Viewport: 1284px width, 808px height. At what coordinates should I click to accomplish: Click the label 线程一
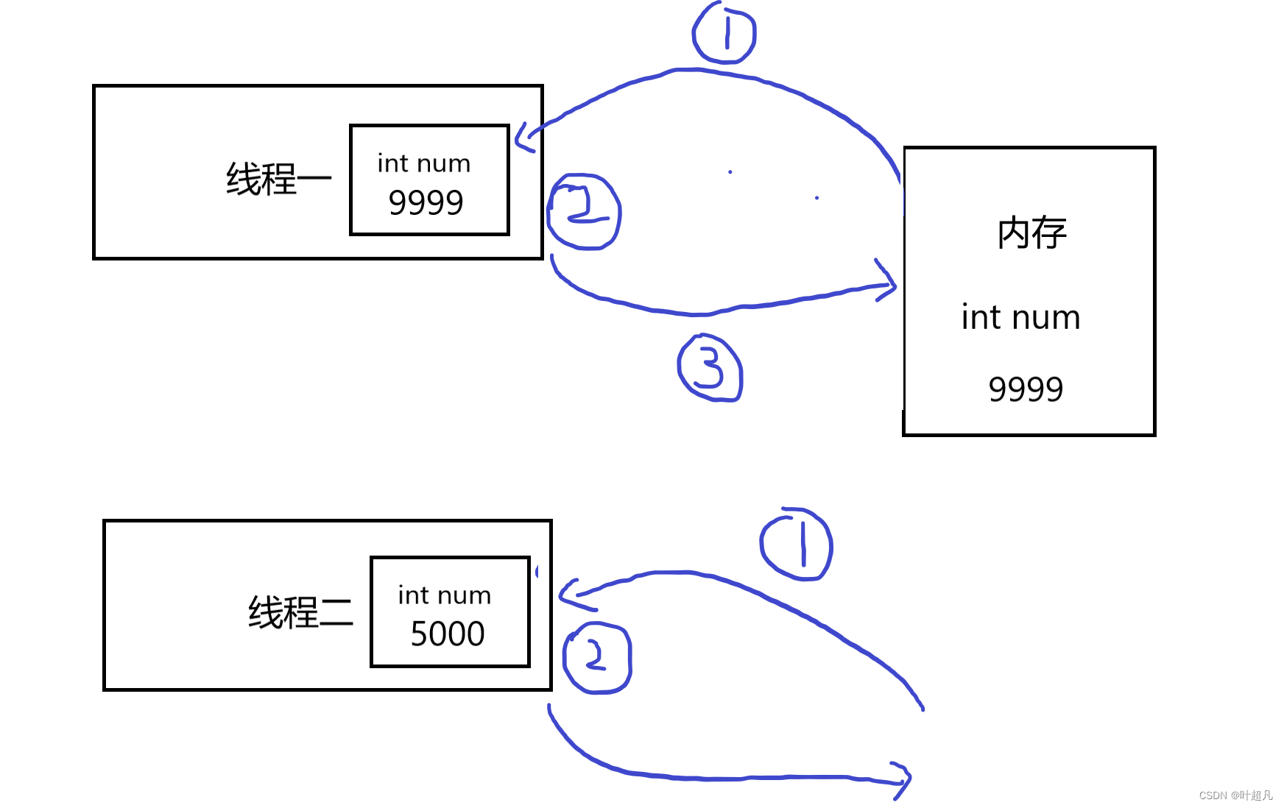[278, 179]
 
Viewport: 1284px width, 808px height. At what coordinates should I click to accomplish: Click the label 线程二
[300, 612]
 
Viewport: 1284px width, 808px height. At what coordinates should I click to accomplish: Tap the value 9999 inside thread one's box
[426, 202]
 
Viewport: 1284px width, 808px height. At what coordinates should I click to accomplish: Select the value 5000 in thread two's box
[448, 634]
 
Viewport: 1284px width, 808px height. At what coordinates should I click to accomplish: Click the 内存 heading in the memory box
[1031, 233]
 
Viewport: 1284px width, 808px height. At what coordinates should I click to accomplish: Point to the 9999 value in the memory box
[1026, 389]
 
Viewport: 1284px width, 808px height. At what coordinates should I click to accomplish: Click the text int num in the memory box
[1020, 318]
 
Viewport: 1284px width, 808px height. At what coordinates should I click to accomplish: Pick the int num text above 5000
[445, 595]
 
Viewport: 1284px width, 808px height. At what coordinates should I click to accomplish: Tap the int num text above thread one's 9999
[424, 163]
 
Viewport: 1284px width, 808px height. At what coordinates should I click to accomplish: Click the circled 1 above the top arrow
[724, 34]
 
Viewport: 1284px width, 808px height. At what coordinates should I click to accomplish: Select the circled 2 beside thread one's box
[585, 211]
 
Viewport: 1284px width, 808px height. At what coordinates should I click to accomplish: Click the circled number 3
[710, 367]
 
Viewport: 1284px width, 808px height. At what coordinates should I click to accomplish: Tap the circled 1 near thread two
[797, 545]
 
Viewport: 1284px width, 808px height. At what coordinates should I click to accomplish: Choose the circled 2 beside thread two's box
[596, 657]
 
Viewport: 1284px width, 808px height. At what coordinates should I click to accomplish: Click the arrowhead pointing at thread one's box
[524, 137]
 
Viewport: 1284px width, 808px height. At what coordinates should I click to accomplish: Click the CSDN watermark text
[1235, 795]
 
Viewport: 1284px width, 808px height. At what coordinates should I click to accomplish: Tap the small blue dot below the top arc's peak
[730, 172]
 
